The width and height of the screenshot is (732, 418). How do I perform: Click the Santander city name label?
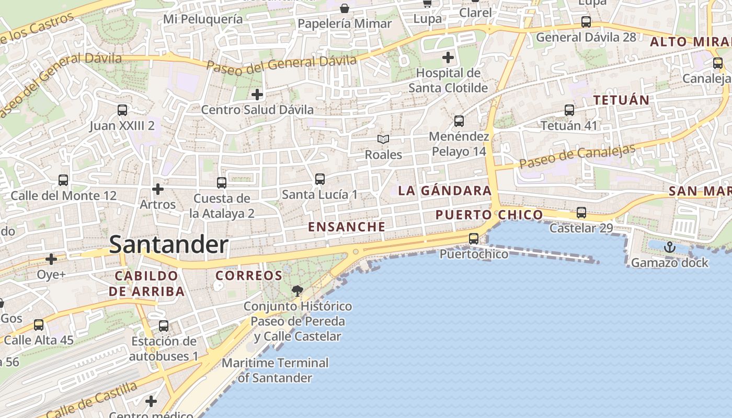pyautogui.click(x=168, y=245)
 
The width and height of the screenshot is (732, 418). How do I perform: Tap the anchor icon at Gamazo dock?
pyautogui.click(x=669, y=247)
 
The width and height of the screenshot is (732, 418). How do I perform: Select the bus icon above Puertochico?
pyautogui.click(x=474, y=239)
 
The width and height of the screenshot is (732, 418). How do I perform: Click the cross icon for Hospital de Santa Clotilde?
pyautogui.click(x=448, y=57)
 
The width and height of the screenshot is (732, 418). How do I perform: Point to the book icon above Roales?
pyautogui.click(x=383, y=139)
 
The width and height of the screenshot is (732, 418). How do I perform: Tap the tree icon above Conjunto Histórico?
pyautogui.click(x=298, y=291)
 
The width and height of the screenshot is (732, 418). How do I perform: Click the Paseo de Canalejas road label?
pyautogui.click(x=578, y=156)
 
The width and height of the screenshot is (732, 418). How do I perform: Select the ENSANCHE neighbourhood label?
pyautogui.click(x=347, y=227)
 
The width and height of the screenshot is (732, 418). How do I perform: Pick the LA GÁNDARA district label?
pyautogui.click(x=445, y=191)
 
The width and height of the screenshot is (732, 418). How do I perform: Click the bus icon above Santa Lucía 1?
pyautogui.click(x=320, y=179)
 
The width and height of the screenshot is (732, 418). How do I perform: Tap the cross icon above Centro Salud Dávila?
pyautogui.click(x=257, y=95)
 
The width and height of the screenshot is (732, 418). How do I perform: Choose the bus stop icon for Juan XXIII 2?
pyautogui.click(x=122, y=110)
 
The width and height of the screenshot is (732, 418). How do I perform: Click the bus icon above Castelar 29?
pyautogui.click(x=581, y=213)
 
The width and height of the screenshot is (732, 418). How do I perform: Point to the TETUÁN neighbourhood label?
pyautogui.click(x=621, y=100)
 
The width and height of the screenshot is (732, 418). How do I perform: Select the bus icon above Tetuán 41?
pyautogui.click(x=569, y=110)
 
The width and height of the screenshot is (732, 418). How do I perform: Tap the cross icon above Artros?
pyautogui.click(x=157, y=189)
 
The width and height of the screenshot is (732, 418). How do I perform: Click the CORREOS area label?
pyautogui.click(x=249, y=275)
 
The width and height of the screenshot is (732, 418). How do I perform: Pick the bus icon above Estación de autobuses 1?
pyautogui.click(x=164, y=326)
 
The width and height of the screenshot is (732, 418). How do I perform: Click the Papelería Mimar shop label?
pyautogui.click(x=345, y=24)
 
